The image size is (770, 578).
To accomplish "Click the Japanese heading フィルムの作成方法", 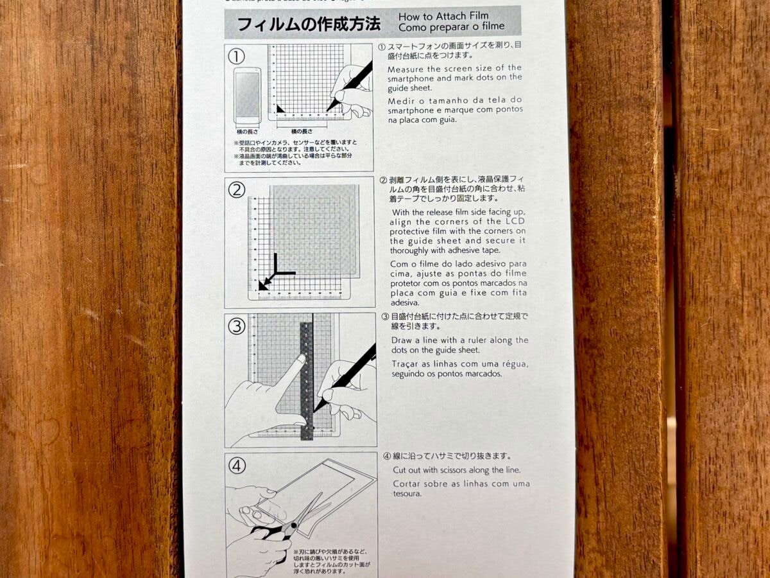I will click(309, 24).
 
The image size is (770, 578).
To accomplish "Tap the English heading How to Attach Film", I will click(443, 16).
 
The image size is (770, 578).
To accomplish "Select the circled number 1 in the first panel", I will click(237, 57).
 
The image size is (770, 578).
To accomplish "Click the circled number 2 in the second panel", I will click(237, 190).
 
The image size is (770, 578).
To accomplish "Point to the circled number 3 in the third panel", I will click(237, 326).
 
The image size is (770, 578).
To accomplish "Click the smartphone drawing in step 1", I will click(247, 96).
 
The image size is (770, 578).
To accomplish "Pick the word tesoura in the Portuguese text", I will click(407, 493).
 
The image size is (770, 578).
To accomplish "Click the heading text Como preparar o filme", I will click(451, 27).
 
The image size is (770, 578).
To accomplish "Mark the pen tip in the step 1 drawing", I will click(329, 109).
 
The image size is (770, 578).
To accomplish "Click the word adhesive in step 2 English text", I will click(459, 250).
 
